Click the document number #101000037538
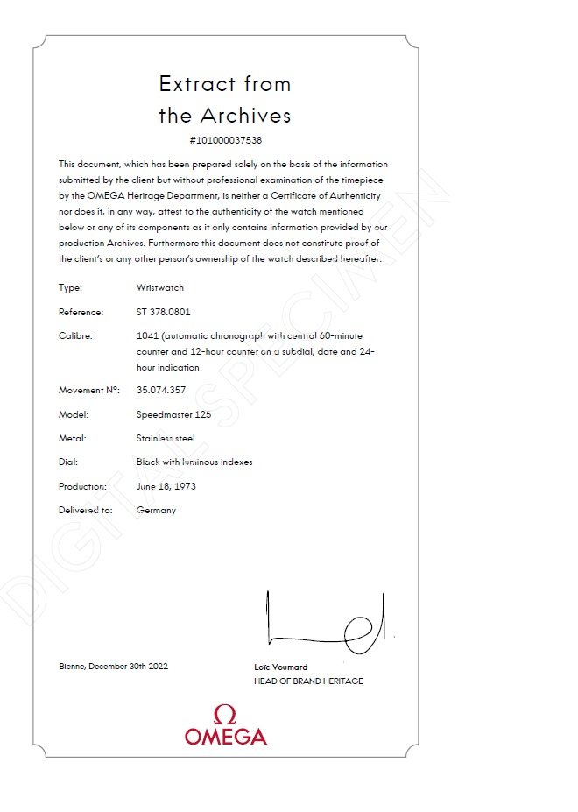(225, 140)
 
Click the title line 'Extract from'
(225, 84)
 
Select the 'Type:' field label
(70, 287)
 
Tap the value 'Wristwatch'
(160, 287)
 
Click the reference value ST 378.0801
(164, 312)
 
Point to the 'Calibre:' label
(75, 335)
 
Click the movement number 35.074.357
(161, 390)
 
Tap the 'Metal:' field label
(73, 438)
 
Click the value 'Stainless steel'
(166, 438)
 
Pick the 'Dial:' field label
(69, 462)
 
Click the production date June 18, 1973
(166, 486)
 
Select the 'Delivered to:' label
(86, 510)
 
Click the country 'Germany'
(156, 510)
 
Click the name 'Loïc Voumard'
(280, 667)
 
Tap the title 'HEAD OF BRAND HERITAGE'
(308, 681)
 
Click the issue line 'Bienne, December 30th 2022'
(113, 667)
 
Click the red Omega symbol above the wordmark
(225, 714)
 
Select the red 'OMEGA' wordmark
(225, 737)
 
